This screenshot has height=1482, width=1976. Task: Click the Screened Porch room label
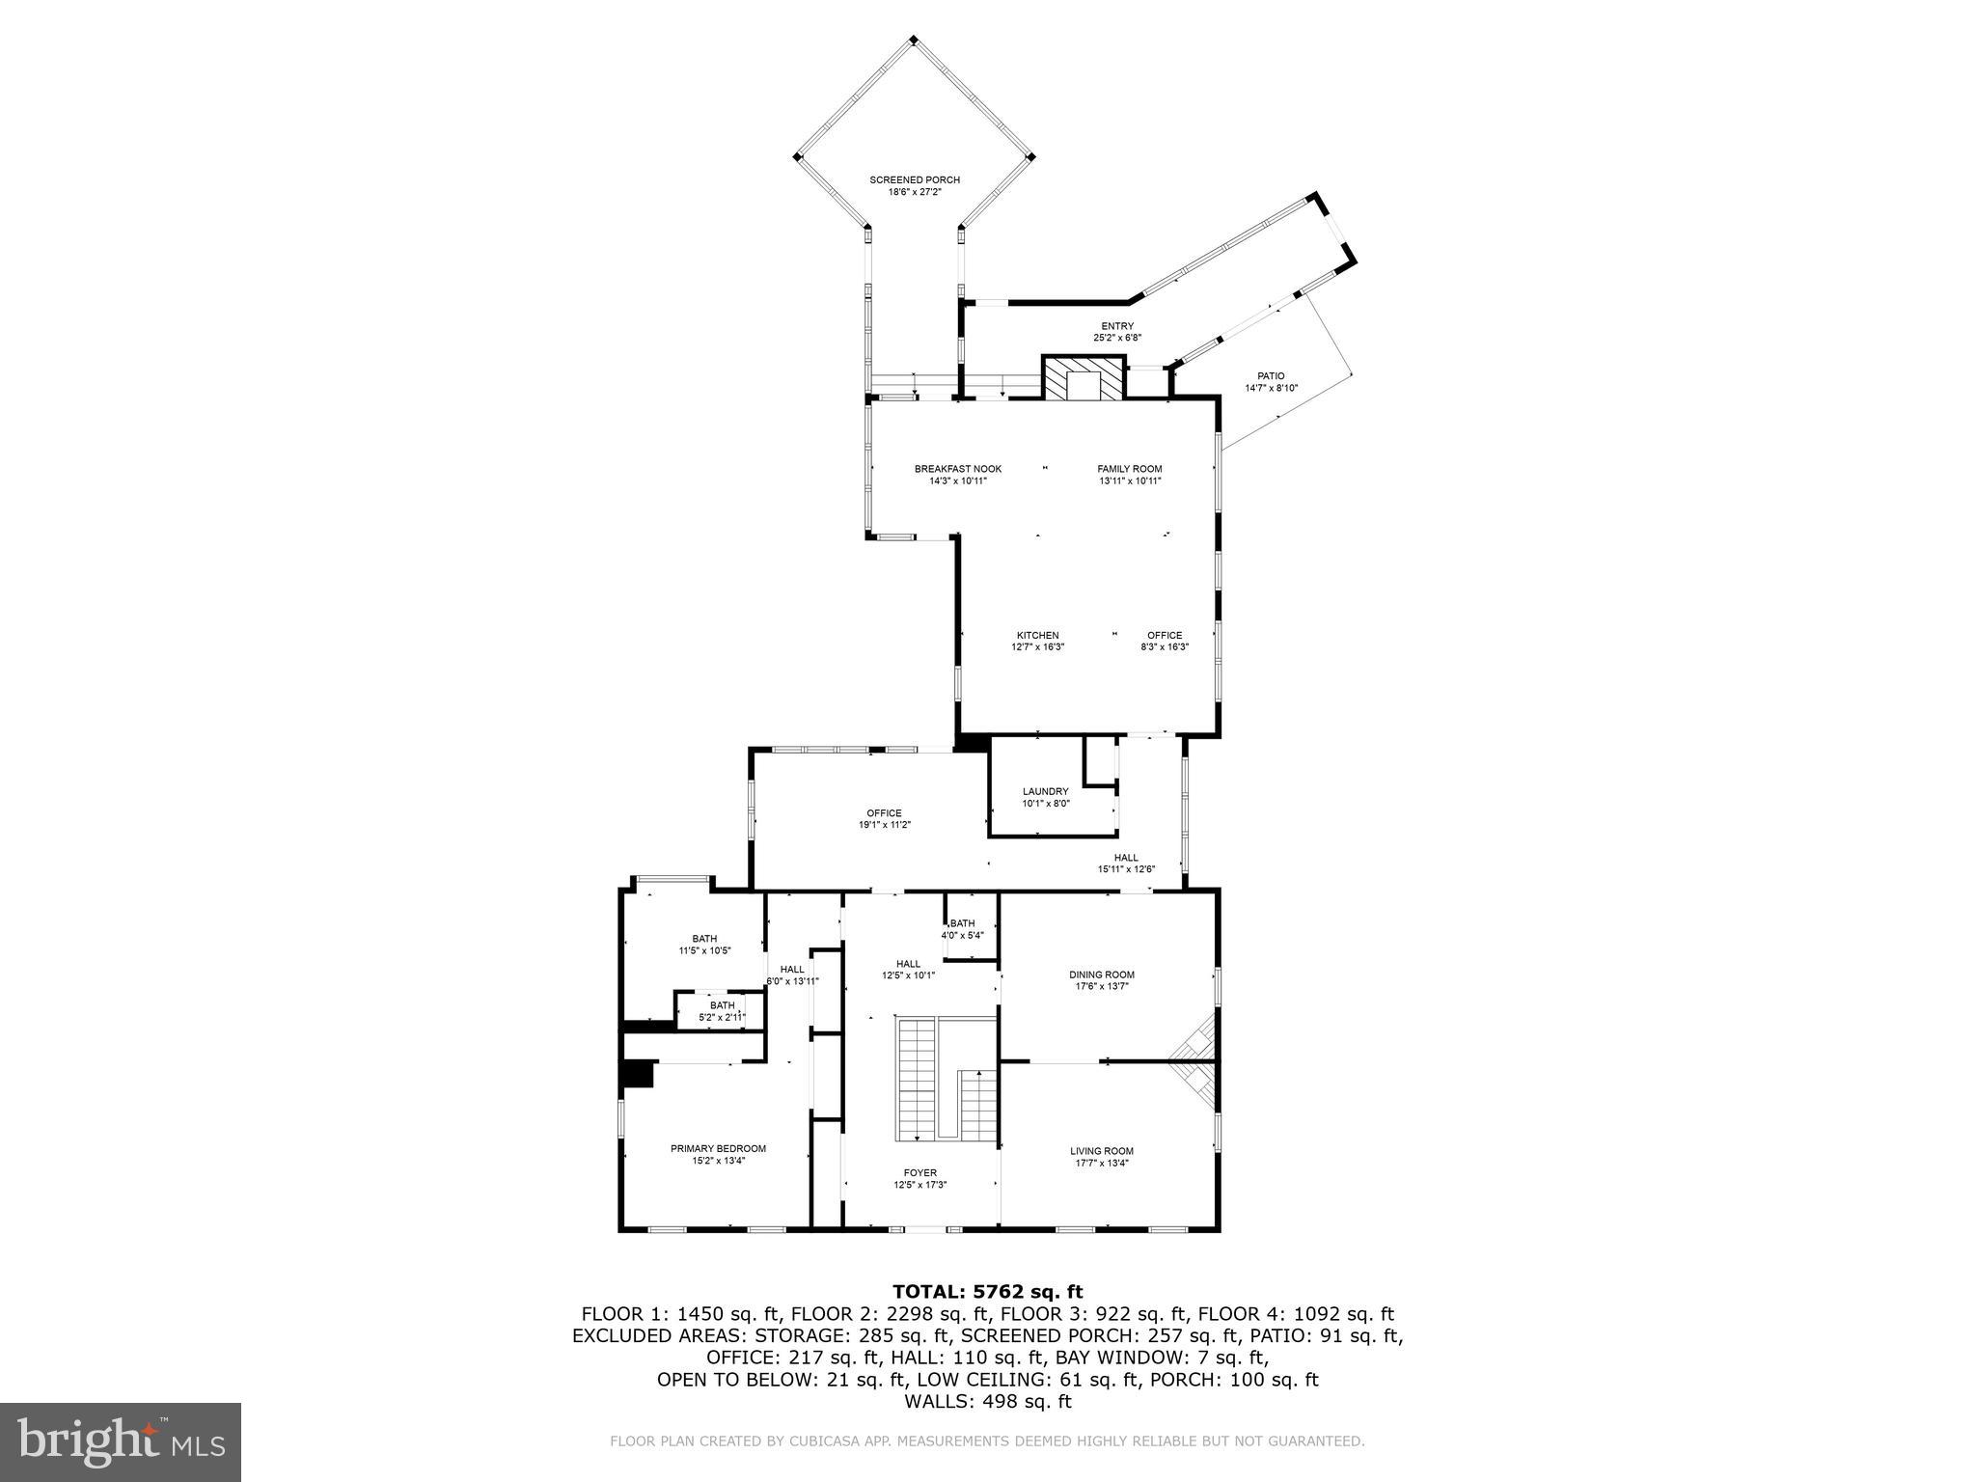pyautogui.click(x=914, y=180)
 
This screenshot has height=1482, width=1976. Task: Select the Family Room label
pyautogui.click(x=1129, y=470)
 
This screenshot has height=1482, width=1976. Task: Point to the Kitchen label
pyautogui.click(x=1036, y=636)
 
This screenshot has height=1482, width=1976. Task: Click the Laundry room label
pyautogui.click(x=1046, y=791)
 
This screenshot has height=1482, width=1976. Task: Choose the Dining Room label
pyautogui.click(x=1101, y=974)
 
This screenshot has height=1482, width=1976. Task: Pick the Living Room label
pyautogui.click(x=1101, y=1151)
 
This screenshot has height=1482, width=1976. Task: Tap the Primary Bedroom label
pyautogui.click(x=718, y=1148)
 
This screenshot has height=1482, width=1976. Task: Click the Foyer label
pyautogui.click(x=919, y=1173)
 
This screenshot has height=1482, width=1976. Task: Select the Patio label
pyautogui.click(x=1271, y=376)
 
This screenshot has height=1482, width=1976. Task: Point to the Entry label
pyautogui.click(x=1117, y=326)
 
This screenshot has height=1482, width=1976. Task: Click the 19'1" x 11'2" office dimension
pyautogui.click(x=885, y=825)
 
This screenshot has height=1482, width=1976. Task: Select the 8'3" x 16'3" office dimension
pyautogui.click(x=1165, y=647)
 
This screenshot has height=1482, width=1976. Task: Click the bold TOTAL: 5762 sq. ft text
pyautogui.click(x=987, y=1291)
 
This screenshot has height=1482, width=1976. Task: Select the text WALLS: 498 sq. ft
pyautogui.click(x=987, y=1401)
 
